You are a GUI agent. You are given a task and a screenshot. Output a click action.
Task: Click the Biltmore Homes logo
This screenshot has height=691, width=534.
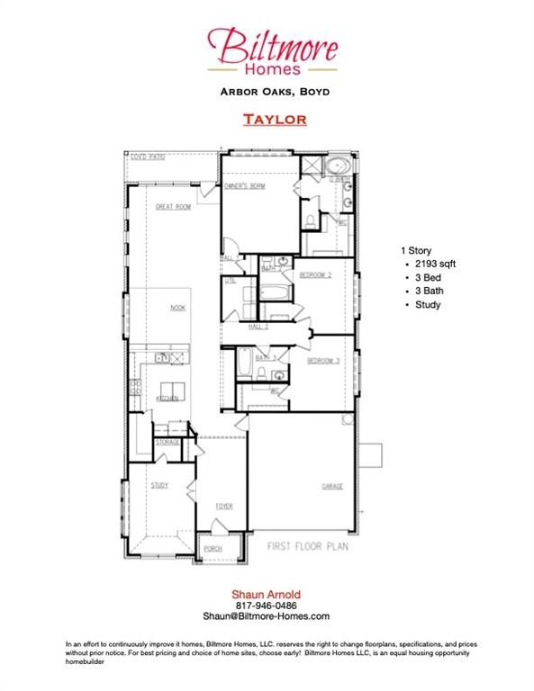(272, 49)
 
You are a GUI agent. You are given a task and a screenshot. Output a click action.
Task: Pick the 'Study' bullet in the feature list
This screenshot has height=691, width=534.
(428, 305)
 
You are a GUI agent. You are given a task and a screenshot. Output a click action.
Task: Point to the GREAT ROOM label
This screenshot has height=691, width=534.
(173, 206)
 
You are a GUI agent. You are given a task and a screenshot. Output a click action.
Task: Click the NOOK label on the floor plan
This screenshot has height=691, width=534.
(178, 308)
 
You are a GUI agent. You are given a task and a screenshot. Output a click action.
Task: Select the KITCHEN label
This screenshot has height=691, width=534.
(167, 398)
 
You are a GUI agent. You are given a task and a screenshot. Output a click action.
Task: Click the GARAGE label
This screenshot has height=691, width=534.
(332, 486)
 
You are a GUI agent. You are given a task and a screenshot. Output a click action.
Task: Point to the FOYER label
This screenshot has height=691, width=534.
(223, 506)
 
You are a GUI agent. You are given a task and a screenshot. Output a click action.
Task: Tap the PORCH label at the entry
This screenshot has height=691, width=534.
(213, 548)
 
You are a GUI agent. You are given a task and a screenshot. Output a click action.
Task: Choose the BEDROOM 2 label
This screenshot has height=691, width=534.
(316, 274)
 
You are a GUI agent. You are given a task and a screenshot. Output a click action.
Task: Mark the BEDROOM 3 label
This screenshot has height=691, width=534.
(322, 361)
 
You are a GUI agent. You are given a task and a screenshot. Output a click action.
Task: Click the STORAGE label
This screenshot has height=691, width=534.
(167, 443)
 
